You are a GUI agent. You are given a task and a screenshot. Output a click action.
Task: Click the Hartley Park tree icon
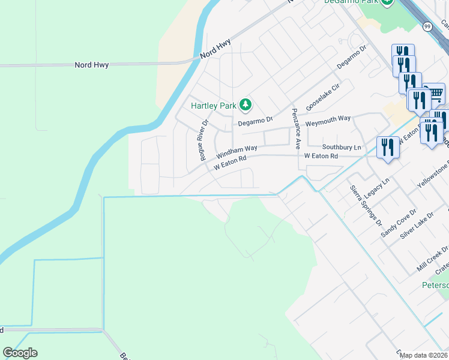coord(245,105)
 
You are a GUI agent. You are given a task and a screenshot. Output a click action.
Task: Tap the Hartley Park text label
coord(214,106)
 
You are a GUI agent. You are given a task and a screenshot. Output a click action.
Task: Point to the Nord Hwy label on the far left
coord(91,64)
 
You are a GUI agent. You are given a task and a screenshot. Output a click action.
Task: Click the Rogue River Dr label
coord(203,140)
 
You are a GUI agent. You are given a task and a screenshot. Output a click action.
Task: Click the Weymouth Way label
coord(328,119)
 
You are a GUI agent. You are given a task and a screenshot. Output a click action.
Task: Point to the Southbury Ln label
coord(342,147)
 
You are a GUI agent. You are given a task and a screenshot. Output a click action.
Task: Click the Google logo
coord(20,353)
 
